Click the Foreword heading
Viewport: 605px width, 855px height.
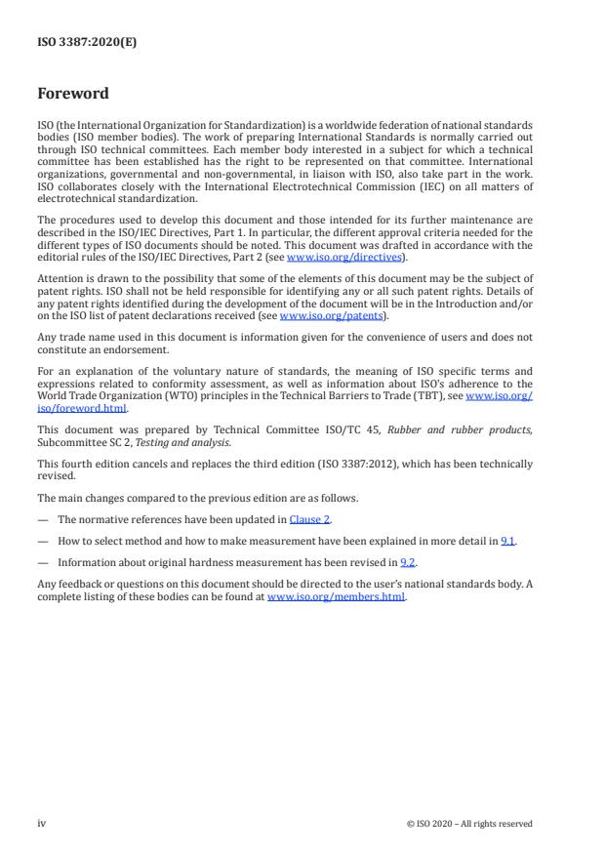tap(73, 95)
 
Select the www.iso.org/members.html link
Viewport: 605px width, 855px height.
tap(336, 596)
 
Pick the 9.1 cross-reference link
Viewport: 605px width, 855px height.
tap(507, 541)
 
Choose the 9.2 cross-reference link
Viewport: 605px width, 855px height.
tap(406, 562)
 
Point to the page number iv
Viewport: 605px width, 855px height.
tap(41, 823)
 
